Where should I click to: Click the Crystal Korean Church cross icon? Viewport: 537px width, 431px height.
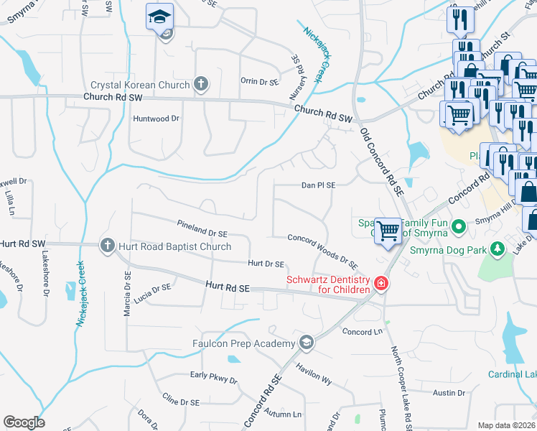click(x=200, y=85)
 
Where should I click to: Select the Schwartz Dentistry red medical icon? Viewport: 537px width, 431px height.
click(x=380, y=285)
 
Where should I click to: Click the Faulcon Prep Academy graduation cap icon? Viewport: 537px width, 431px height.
click(x=307, y=343)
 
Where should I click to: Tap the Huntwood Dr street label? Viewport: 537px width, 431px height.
click(x=156, y=118)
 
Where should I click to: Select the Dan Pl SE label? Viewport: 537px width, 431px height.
click(x=319, y=185)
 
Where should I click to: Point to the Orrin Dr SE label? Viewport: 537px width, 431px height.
click(x=259, y=82)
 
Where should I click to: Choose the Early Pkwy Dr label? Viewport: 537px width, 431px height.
click(x=213, y=378)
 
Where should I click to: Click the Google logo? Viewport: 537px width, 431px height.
click(x=24, y=422)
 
